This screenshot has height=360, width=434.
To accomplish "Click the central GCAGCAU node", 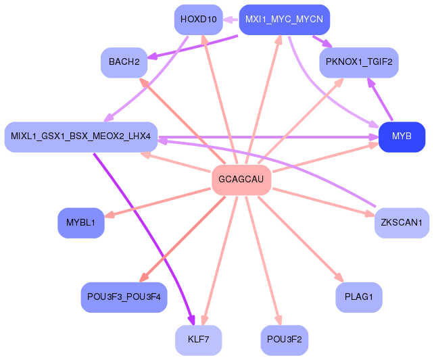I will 241,180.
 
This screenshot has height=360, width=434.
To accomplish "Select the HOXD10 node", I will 198,19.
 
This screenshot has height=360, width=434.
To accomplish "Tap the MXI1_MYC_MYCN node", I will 284,19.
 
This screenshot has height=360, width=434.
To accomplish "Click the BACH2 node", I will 124,62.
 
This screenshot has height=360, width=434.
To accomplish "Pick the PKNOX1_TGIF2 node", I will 359,62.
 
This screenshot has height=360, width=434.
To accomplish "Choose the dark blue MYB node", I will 402,137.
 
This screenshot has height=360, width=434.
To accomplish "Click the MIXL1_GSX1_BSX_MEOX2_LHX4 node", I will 81,137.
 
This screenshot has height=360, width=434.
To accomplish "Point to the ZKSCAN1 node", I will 402,222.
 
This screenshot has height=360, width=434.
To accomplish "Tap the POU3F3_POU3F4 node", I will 124,297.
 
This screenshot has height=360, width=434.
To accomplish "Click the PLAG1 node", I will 359,297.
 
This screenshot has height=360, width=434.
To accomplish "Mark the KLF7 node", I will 198,340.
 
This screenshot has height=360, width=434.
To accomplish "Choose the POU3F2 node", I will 285,340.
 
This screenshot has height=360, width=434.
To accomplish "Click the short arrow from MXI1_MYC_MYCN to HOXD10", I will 231,20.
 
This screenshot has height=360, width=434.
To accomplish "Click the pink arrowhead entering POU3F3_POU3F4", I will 143,278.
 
